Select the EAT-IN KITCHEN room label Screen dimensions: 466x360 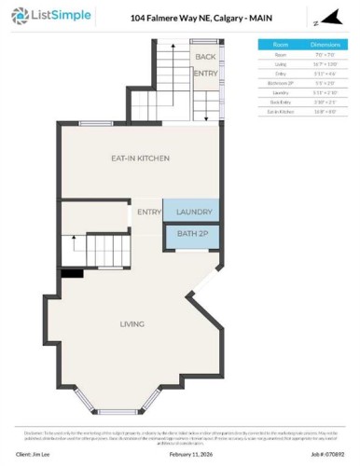[140, 159]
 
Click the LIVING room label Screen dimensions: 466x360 [132, 324]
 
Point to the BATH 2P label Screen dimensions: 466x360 [194, 237]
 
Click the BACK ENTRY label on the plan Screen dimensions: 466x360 [205, 64]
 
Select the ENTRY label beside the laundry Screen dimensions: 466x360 [149, 212]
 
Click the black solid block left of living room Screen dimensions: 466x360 [71, 274]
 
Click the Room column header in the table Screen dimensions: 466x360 [280, 44]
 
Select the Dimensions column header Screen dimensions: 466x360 [325, 44]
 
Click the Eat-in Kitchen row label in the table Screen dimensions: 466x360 [280, 111]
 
